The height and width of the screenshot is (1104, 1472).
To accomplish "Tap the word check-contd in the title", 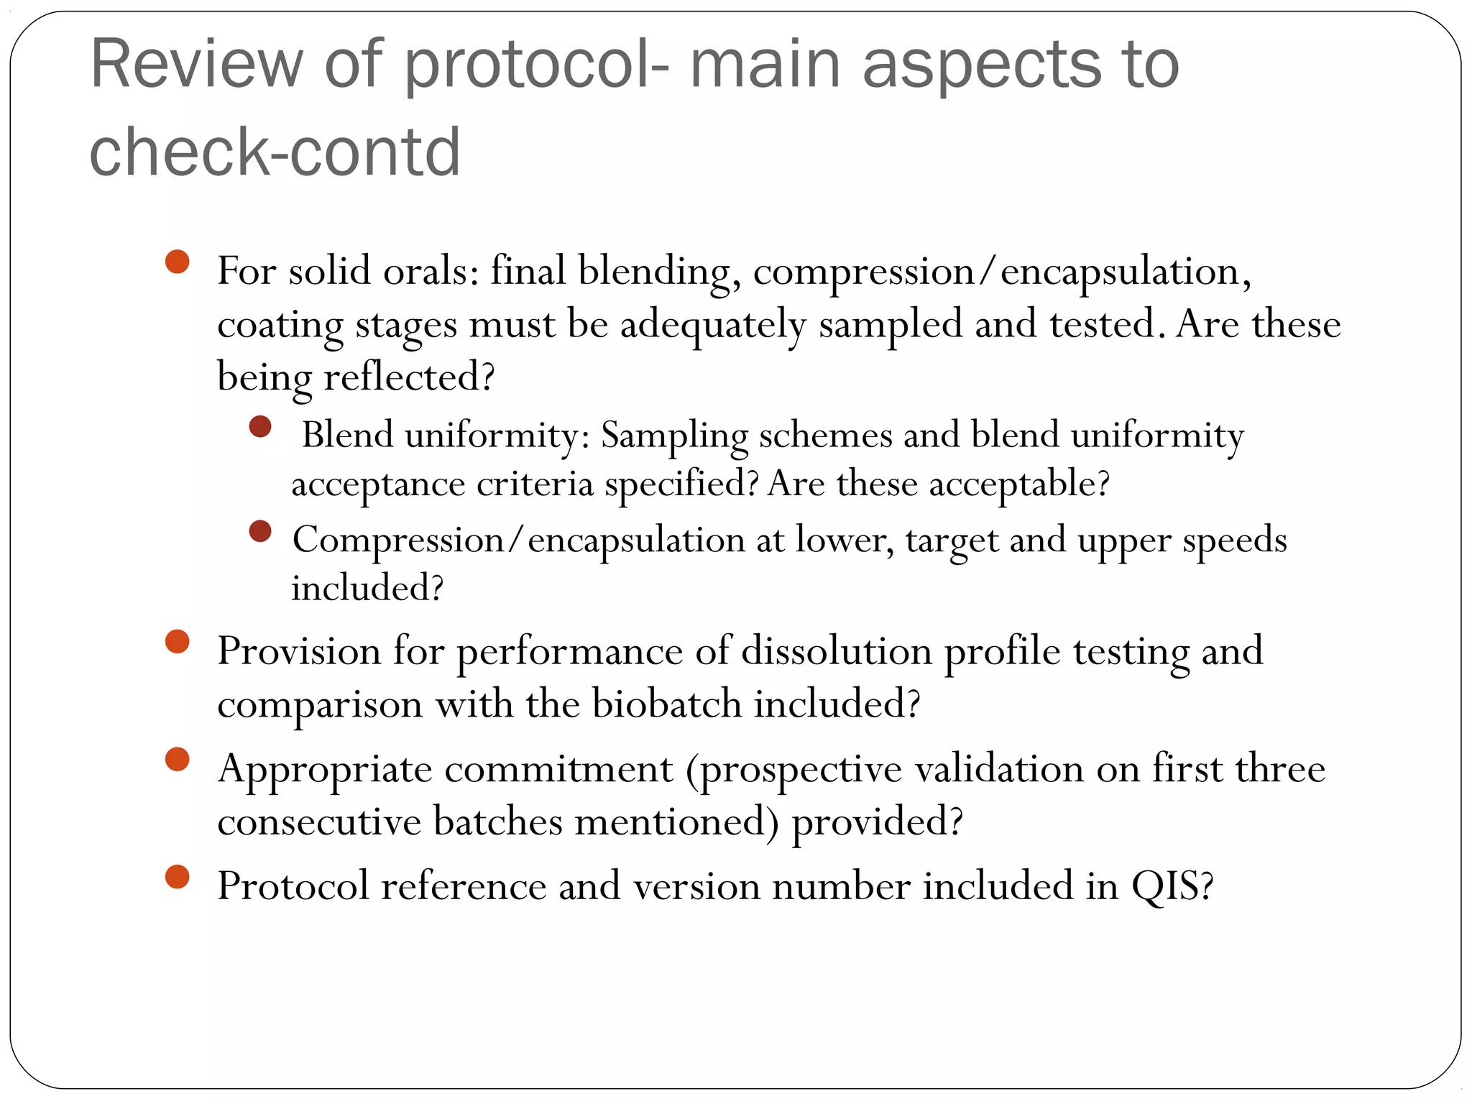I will tap(275, 152).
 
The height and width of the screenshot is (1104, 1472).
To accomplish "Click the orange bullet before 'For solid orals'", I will tap(177, 262).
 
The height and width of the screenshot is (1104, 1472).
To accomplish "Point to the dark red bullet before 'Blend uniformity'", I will tap(260, 426).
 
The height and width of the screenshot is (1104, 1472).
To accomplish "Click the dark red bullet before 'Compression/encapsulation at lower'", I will tap(260, 531).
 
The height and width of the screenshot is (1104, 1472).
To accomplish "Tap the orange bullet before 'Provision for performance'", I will tap(177, 641).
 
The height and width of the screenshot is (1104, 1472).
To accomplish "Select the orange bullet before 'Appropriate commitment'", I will tap(177, 759).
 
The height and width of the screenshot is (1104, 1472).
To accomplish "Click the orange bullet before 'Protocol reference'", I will tap(177, 877).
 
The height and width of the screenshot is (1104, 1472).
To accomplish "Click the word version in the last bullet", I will tap(696, 885).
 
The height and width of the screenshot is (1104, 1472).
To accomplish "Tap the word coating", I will tap(280, 325).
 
